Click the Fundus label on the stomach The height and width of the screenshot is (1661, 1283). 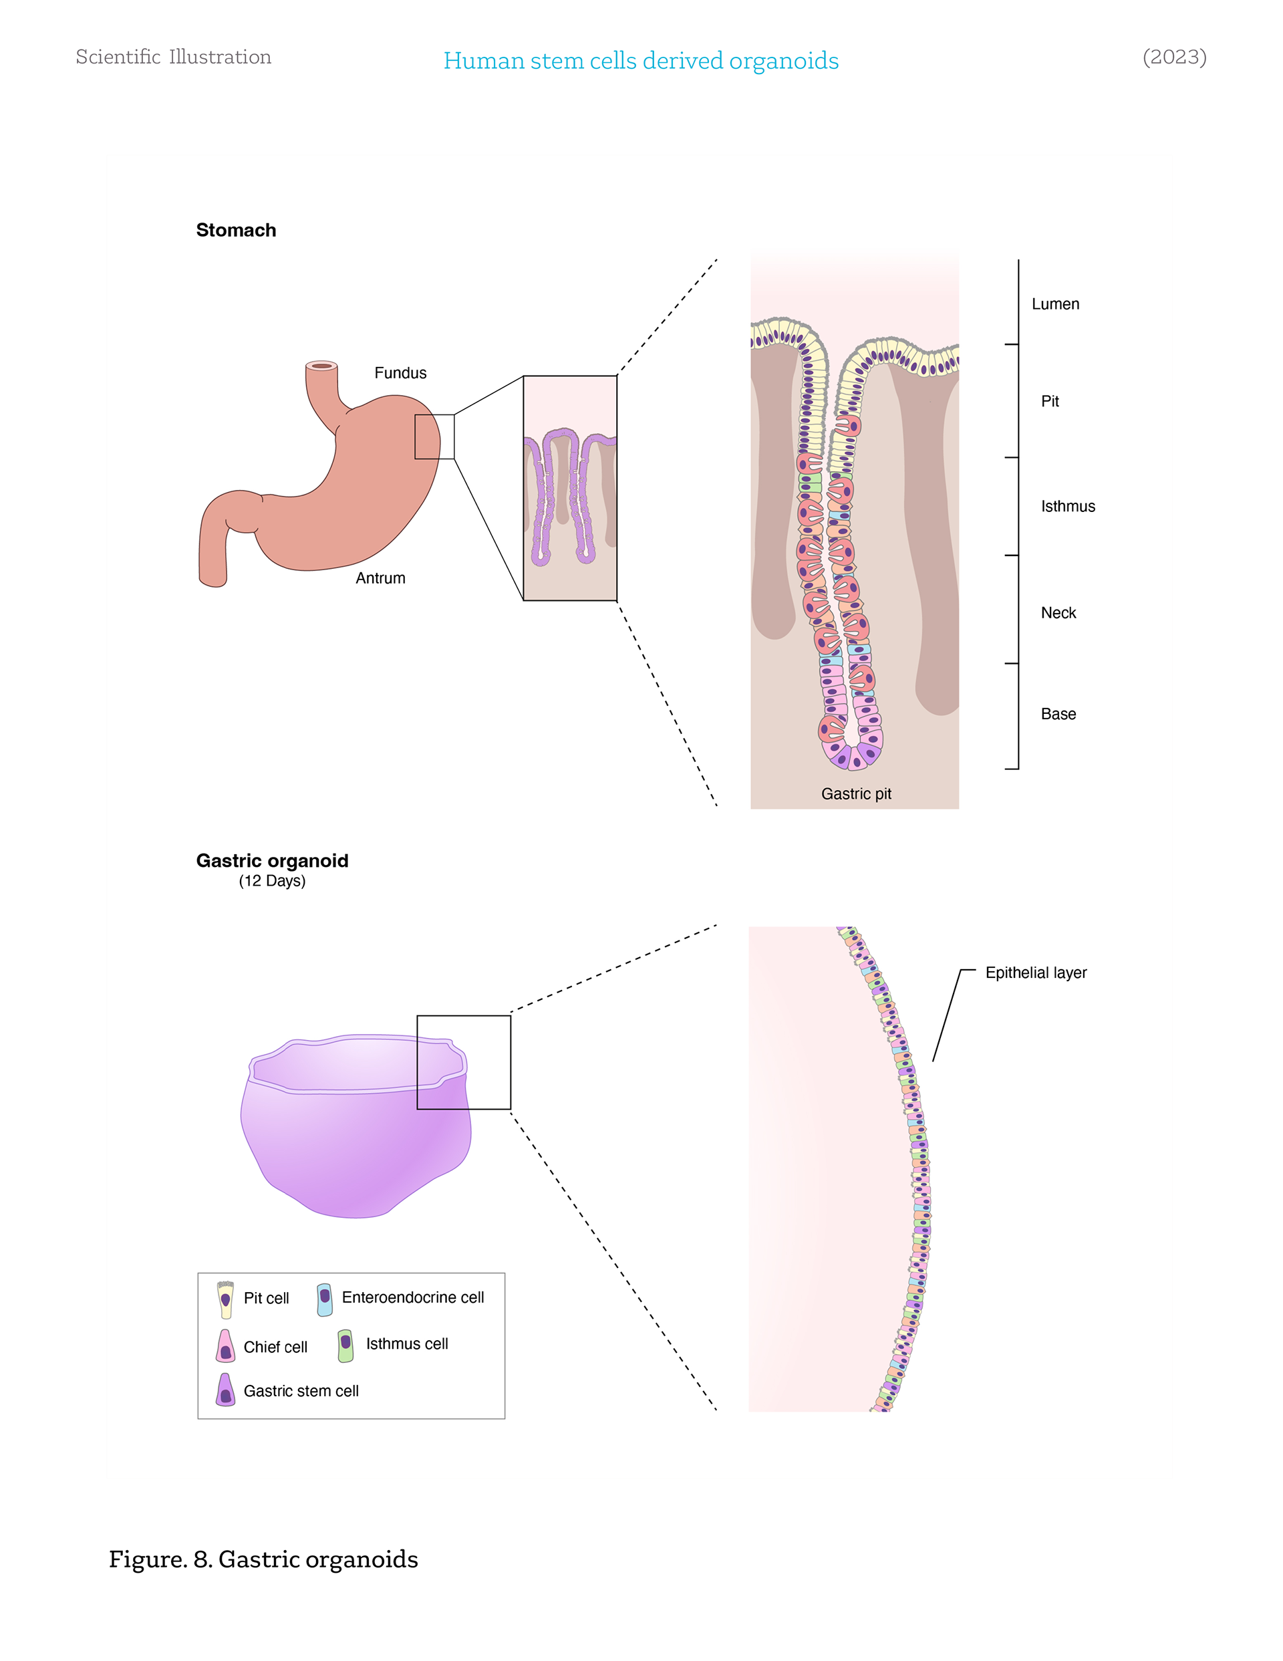(400, 373)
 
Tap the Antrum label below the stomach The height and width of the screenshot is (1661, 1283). (380, 578)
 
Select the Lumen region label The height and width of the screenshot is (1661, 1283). (1055, 304)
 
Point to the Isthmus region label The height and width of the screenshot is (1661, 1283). (1067, 507)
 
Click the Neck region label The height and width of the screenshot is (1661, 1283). (1058, 613)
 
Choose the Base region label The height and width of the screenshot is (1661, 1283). (1058, 714)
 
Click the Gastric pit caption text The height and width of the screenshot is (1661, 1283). (855, 794)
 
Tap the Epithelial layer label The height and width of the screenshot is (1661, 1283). (1036, 973)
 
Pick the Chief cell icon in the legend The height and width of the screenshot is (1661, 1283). (225, 1346)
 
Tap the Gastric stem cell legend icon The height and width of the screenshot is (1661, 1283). (225, 1390)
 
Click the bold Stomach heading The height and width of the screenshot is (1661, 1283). (236, 231)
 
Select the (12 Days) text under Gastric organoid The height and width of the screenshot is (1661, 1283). (271, 881)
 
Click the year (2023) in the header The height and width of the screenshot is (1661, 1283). (1173, 57)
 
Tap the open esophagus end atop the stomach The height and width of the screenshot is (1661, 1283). (321, 366)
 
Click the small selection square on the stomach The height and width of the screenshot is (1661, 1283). (434, 436)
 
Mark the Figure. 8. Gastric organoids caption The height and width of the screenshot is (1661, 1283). (263, 1559)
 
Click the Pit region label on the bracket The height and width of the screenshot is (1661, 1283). (1050, 402)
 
